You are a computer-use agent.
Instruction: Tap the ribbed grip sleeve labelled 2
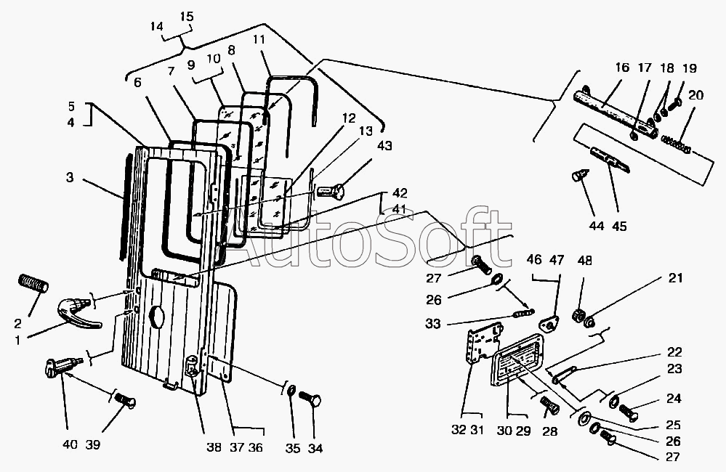coord(33,283)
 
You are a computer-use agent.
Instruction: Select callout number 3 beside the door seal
coord(70,177)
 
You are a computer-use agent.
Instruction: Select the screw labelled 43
coord(330,191)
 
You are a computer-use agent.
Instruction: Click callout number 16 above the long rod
coord(622,67)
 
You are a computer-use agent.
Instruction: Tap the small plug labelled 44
coord(580,176)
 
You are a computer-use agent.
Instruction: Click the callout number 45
coord(619,227)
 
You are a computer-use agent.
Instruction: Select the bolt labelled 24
coord(627,412)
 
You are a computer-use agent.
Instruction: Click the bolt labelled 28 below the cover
coord(549,405)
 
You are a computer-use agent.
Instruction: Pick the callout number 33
coord(432,323)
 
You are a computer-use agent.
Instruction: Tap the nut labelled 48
coord(578,316)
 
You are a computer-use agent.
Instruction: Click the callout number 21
coord(676,278)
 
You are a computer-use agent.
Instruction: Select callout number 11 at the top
coord(259,39)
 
